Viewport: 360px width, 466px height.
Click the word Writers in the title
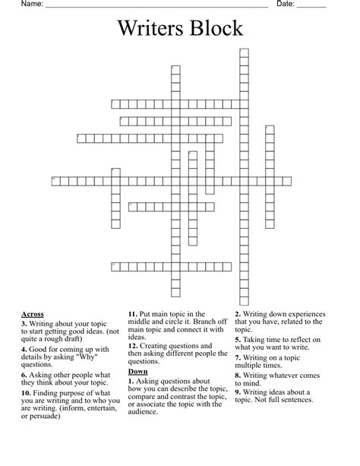pyautogui.click(x=148, y=29)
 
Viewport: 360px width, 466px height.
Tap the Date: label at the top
pyautogui.click(x=286, y=5)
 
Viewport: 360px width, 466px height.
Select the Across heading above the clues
pyautogui.click(x=33, y=314)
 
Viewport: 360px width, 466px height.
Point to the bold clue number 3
pyautogui.click(x=24, y=323)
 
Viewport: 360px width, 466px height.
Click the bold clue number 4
pyautogui.click(x=24, y=350)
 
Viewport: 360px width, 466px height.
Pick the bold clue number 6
pyautogui.click(x=24, y=376)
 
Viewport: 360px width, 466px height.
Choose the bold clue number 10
pyautogui.click(x=27, y=402)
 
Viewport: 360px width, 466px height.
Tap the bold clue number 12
pyautogui.click(x=133, y=344)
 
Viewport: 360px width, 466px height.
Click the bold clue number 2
pyautogui.click(x=238, y=314)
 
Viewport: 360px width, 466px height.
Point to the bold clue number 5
pyautogui.click(x=238, y=340)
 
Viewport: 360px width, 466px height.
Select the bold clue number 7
pyautogui.click(x=238, y=357)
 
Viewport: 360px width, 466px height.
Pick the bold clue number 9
pyautogui.click(x=238, y=392)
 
